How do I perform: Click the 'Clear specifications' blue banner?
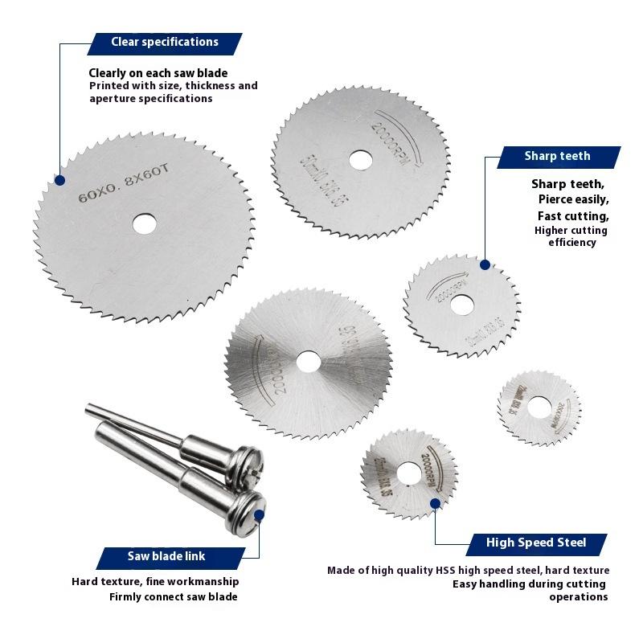[164, 43]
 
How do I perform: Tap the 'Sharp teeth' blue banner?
[558, 157]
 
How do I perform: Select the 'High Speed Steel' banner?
[536, 543]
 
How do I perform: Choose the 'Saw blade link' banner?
[166, 557]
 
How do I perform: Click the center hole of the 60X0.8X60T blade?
[145, 223]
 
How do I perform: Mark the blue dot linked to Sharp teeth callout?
[485, 264]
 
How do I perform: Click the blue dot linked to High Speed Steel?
[435, 503]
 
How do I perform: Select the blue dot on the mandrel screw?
[259, 515]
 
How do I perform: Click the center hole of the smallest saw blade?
[538, 408]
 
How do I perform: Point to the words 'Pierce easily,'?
[573, 200]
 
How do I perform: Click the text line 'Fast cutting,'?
[573, 216]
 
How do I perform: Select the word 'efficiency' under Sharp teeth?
[572, 243]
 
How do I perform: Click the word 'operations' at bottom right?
[578, 597]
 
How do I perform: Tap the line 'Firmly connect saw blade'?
[173, 597]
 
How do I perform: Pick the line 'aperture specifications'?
[151, 99]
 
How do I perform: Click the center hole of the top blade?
[361, 159]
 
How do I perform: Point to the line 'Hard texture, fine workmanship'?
[155, 582]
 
